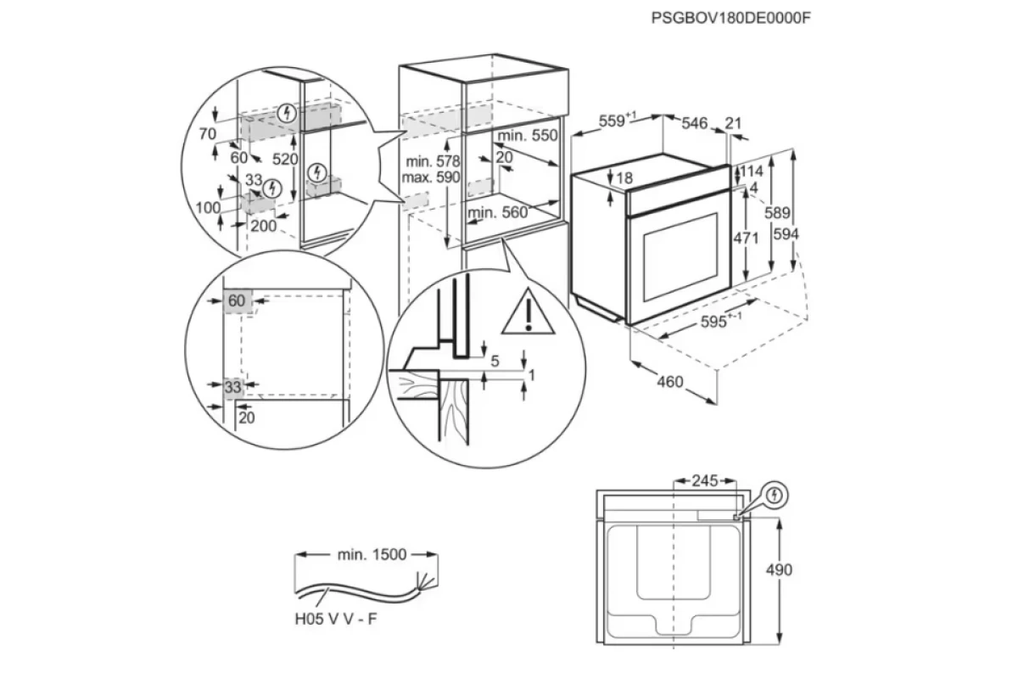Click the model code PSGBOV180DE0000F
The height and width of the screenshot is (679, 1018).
pyautogui.click(x=730, y=18)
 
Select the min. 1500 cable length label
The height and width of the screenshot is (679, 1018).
pyautogui.click(x=372, y=554)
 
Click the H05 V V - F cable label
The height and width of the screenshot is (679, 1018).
pyautogui.click(x=336, y=619)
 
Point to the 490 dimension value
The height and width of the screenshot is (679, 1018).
pyautogui.click(x=779, y=570)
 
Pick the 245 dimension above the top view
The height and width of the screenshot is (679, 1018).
pyautogui.click(x=704, y=480)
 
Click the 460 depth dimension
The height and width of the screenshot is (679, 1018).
pyautogui.click(x=670, y=382)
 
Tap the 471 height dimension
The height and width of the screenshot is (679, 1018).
pyautogui.click(x=746, y=238)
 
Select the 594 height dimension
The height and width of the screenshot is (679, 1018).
pyautogui.click(x=786, y=233)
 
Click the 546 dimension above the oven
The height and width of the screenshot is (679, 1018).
pyautogui.click(x=695, y=123)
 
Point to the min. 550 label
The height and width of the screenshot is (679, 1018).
pyautogui.click(x=527, y=135)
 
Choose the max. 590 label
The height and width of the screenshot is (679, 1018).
pyautogui.click(x=431, y=177)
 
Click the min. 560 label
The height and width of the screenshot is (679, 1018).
pyautogui.click(x=498, y=212)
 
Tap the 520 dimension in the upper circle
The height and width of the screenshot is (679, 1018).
pyautogui.click(x=285, y=159)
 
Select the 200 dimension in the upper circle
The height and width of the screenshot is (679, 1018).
pyautogui.click(x=263, y=226)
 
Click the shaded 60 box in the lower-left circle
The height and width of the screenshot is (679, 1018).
pyautogui.click(x=238, y=300)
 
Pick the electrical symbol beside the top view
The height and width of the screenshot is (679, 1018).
pyautogui.click(x=775, y=495)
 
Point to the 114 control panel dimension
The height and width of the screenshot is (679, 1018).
pyautogui.click(x=752, y=171)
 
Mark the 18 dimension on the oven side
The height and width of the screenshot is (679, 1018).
pyautogui.click(x=624, y=178)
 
